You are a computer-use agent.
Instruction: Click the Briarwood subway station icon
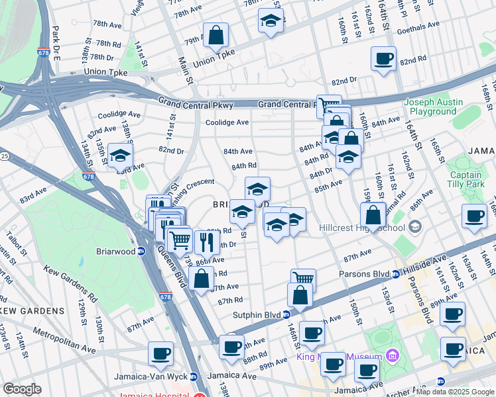141,251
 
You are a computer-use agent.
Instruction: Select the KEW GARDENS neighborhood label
32,310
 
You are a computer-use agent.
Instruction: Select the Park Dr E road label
56,44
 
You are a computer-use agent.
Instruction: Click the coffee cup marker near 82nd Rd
383,59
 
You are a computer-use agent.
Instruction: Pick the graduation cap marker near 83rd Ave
120,155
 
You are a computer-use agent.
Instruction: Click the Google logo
23,389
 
